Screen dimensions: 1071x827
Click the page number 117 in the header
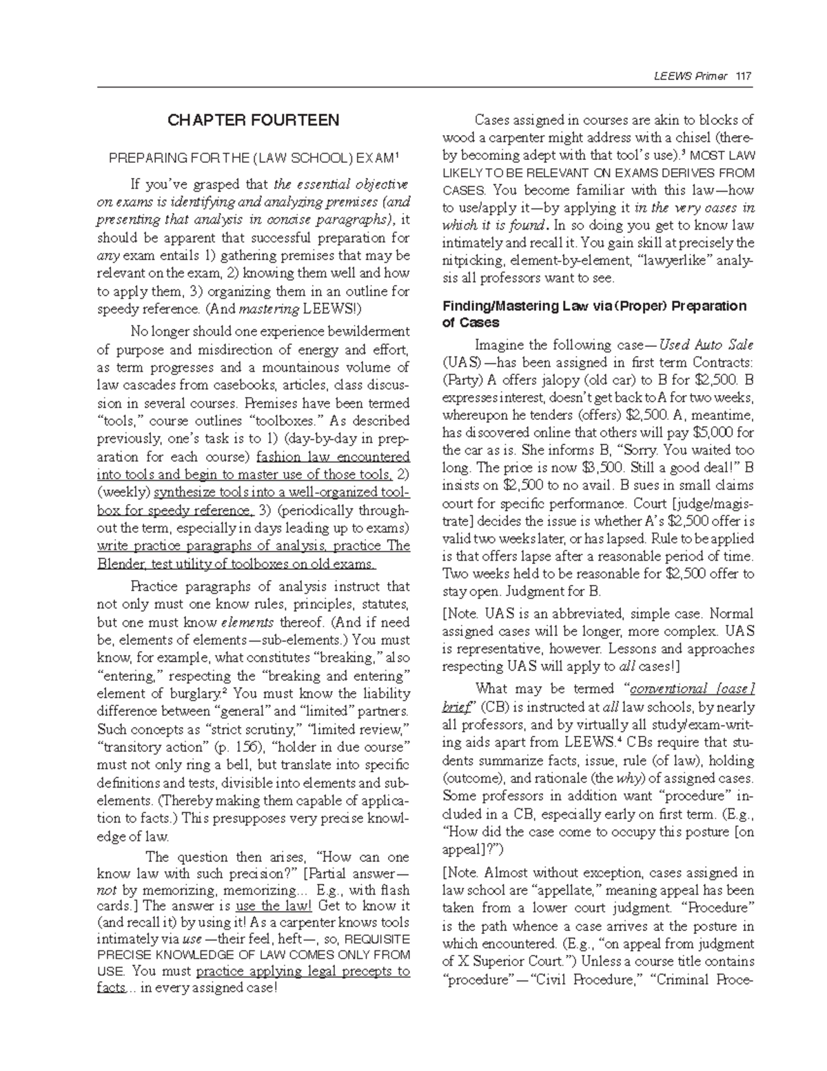(x=744, y=76)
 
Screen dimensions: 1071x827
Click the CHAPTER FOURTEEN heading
(x=254, y=121)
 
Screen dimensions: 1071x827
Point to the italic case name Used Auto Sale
(x=706, y=344)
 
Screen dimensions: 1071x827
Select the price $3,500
(x=587, y=468)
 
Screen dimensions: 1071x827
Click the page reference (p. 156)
(x=234, y=747)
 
